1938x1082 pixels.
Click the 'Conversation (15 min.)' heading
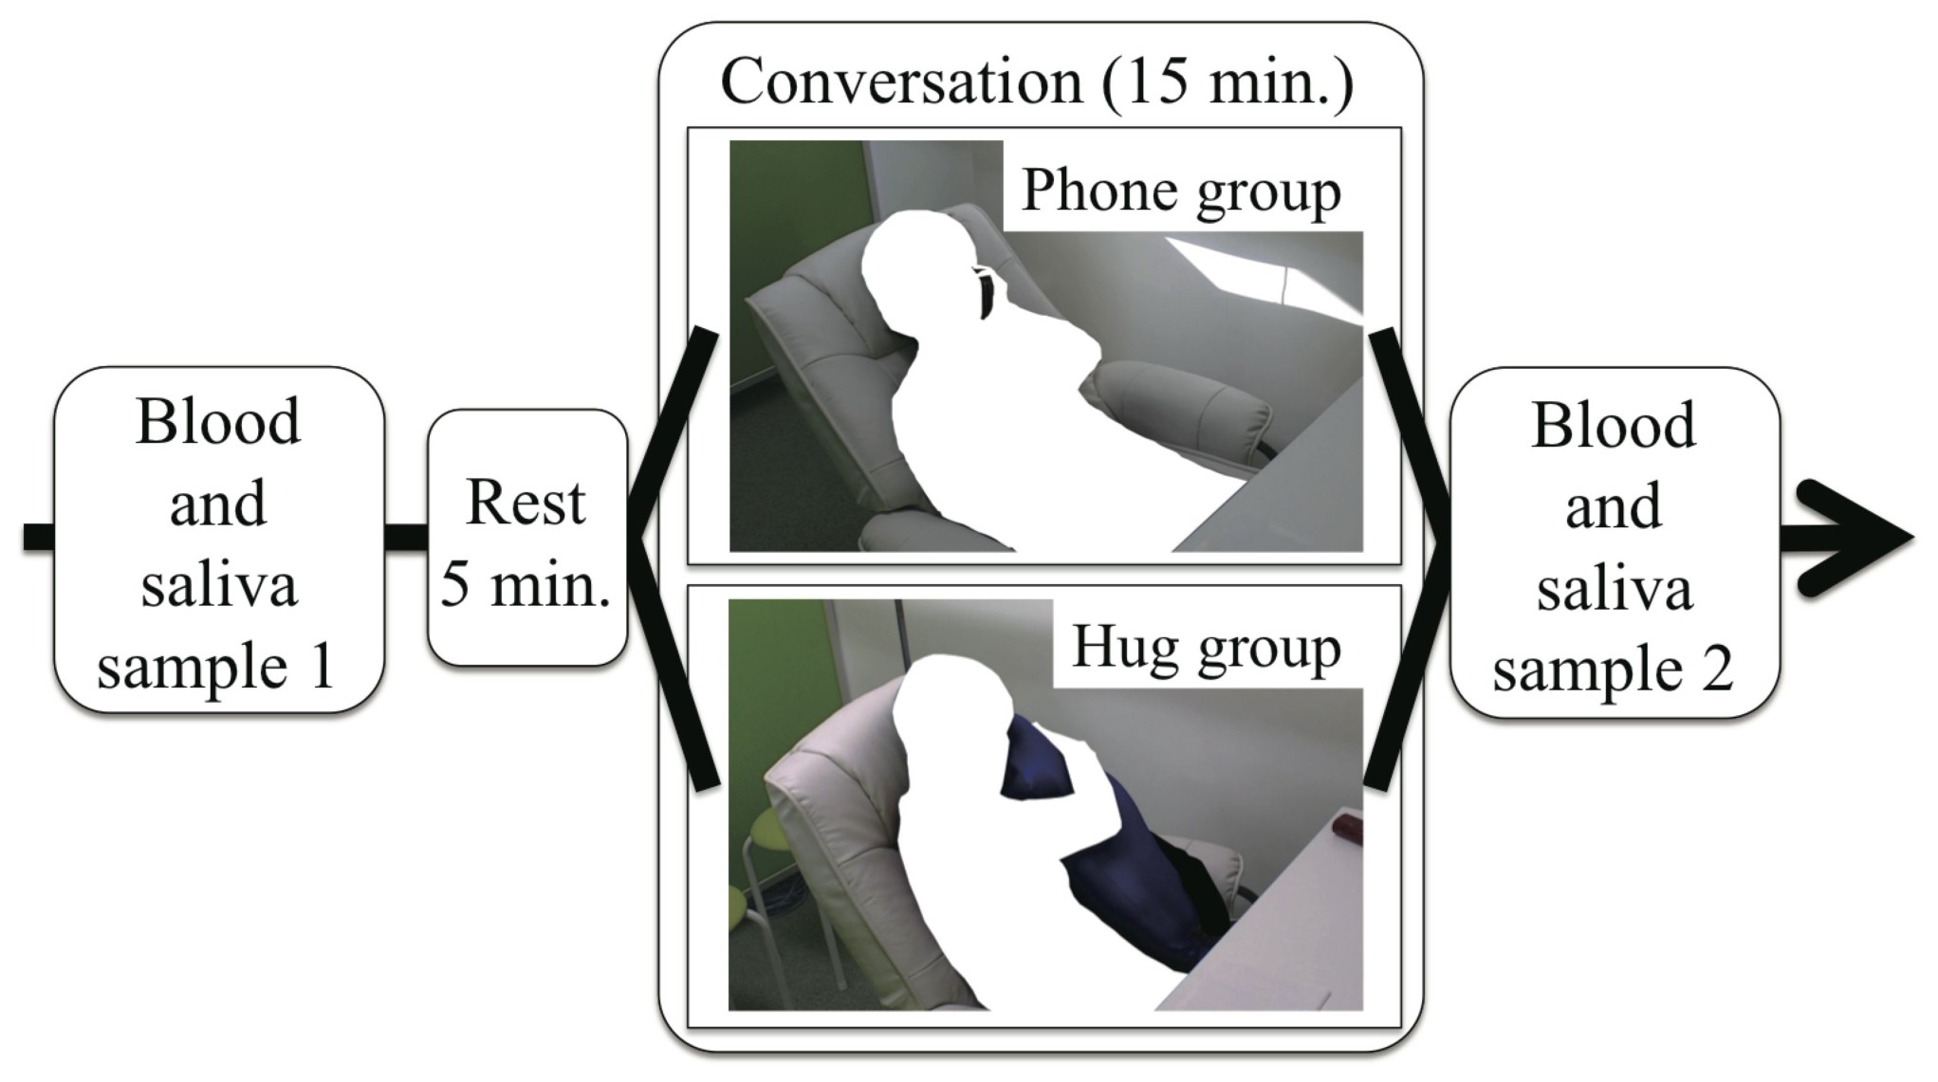point(1037,82)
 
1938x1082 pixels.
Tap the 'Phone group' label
point(1180,192)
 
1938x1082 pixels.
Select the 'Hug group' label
point(1206,649)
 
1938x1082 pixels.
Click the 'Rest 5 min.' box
point(526,539)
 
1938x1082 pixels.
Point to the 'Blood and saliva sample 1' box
point(218,541)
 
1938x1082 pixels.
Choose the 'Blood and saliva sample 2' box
point(1614,543)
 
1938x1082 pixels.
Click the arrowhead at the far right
point(1859,539)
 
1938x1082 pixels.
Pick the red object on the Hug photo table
point(1347,829)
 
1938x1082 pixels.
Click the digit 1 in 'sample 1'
point(323,667)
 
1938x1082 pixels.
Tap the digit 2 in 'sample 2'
point(1716,669)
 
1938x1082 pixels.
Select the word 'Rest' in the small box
point(526,502)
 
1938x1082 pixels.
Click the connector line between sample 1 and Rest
point(406,537)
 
